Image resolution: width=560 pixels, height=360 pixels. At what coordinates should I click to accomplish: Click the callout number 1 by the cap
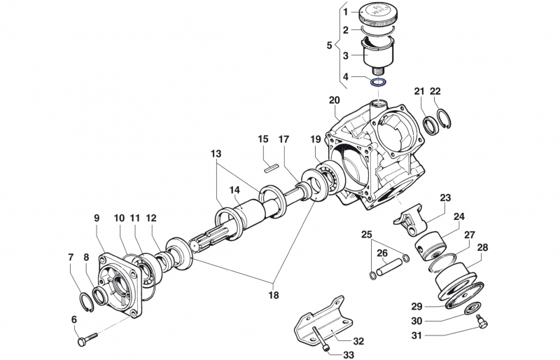click(x=345, y=12)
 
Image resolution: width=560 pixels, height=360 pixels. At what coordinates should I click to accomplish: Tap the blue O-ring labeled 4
click(x=379, y=82)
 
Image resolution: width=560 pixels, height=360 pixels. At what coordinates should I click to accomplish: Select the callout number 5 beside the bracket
click(x=330, y=46)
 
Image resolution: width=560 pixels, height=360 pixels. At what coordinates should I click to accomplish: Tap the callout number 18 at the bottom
click(x=273, y=295)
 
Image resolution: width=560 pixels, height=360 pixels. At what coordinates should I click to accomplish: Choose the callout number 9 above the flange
click(x=97, y=218)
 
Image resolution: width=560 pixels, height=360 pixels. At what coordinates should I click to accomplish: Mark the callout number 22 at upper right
click(x=435, y=91)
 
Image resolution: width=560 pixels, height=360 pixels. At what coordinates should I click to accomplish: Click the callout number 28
click(x=483, y=247)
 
